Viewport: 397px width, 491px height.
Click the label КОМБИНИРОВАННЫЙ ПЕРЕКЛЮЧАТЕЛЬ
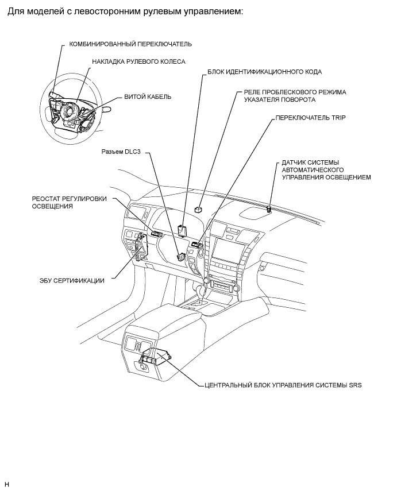coord(130,44)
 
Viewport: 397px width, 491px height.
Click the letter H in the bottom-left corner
coord(7,484)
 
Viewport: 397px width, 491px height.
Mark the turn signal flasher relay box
coord(199,210)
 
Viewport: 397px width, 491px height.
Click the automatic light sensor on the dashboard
coord(269,208)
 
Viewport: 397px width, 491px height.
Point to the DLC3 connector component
coord(181,257)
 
